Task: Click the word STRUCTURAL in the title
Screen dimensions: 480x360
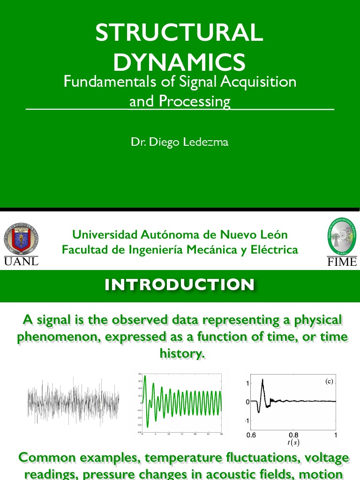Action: pyautogui.click(x=180, y=34)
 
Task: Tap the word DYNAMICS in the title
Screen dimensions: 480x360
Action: pyautogui.click(x=180, y=62)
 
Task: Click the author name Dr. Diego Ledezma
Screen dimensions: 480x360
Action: pyautogui.click(x=180, y=142)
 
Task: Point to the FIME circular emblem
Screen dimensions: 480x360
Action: pyautogui.click(x=341, y=237)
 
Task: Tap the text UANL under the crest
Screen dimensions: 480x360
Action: pyautogui.click(x=21, y=261)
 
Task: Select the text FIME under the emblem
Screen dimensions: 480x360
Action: pyautogui.click(x=342, y=262)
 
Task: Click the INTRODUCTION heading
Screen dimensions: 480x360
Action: pyautogui.click(x=180, y=285)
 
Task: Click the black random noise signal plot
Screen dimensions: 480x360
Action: pyautogui.click(x=73, y=401)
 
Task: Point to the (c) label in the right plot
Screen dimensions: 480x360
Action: pyautogui.click(x=329, y=382)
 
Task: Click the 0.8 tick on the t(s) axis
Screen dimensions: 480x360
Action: pyautogui.click(x=293, y=435)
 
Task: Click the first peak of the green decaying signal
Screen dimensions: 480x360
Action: pyautogui.click(x=145, y=376)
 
